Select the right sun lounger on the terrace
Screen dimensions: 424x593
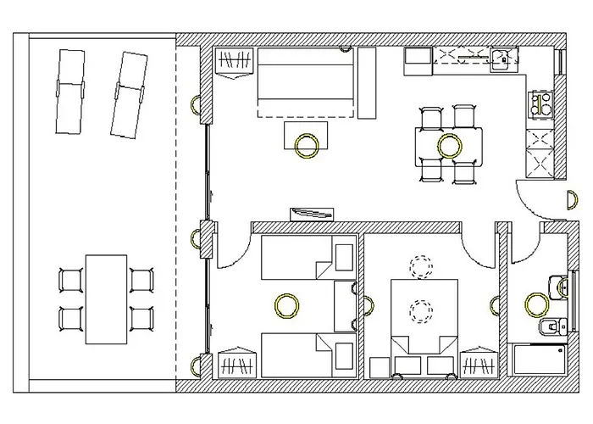coord(128,93)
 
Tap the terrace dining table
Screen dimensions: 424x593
coord(106,298)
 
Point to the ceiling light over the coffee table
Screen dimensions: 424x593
coord(306,145)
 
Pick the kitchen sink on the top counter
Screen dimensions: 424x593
coord(502,58)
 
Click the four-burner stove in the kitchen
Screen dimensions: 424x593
coord(540,105)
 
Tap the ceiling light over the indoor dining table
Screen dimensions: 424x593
coord(448,145)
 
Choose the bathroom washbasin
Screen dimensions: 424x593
coord(557,287)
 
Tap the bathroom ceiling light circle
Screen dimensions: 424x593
coord(535,303)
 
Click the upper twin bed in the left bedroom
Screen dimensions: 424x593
coord(305,258)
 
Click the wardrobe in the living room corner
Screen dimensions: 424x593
coord(235,63)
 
